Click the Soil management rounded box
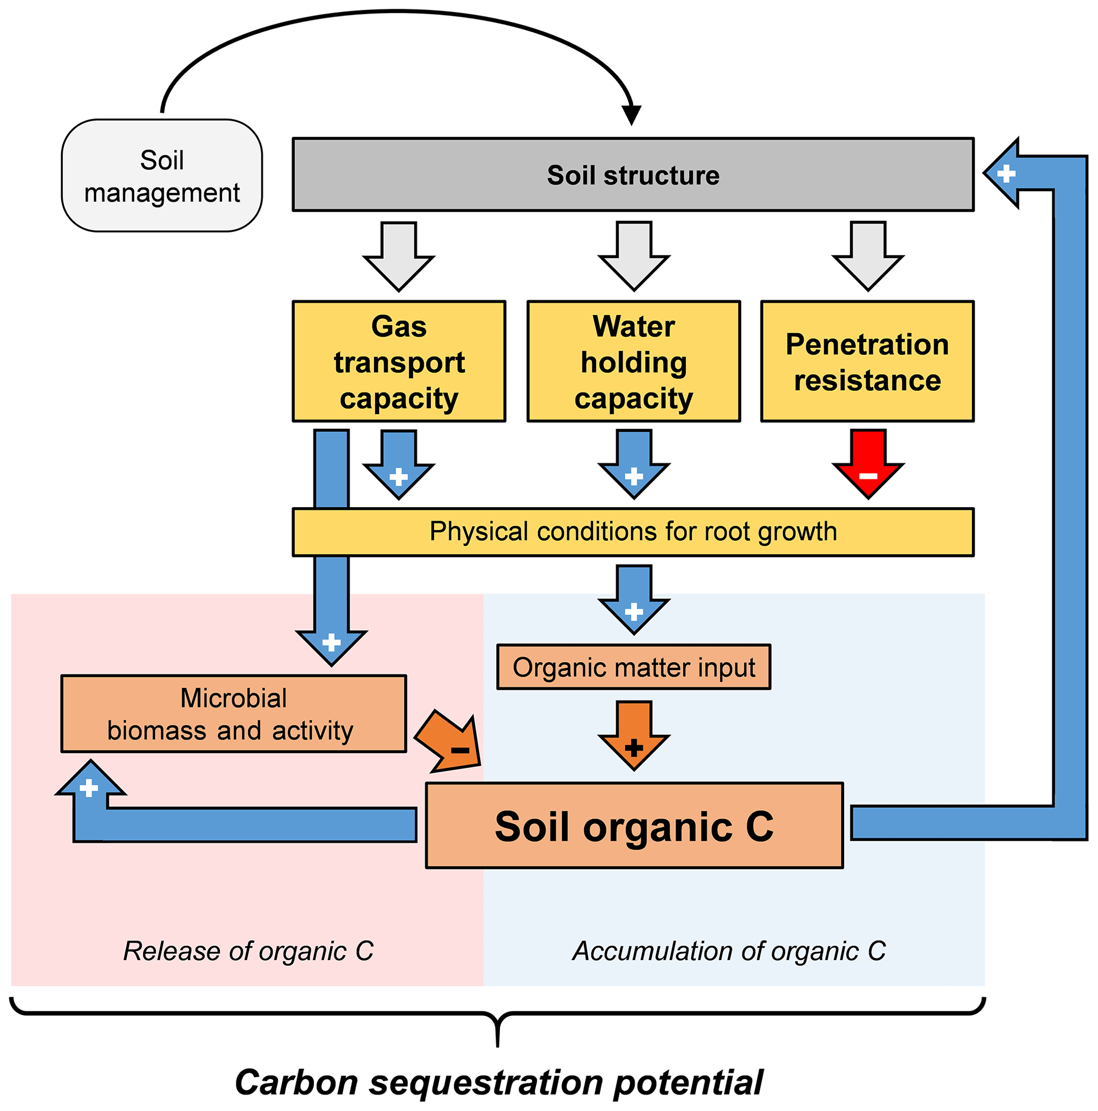[161, 175]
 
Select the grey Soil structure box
[632, 174]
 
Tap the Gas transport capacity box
[398, 362]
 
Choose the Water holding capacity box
[633, 362]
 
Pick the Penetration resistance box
[867, 362]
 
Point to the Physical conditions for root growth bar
[632, 532]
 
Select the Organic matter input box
[633, 667]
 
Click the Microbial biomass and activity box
[234, 714]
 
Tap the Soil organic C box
[634, 826]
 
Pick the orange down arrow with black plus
[634, 736]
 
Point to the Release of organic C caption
[248, 951]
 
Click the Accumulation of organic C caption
[729, 951]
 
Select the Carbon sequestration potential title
[499, 1083]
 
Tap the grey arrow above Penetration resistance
[868, 256]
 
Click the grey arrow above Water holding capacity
[634, 256]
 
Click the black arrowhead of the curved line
[632, 115]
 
